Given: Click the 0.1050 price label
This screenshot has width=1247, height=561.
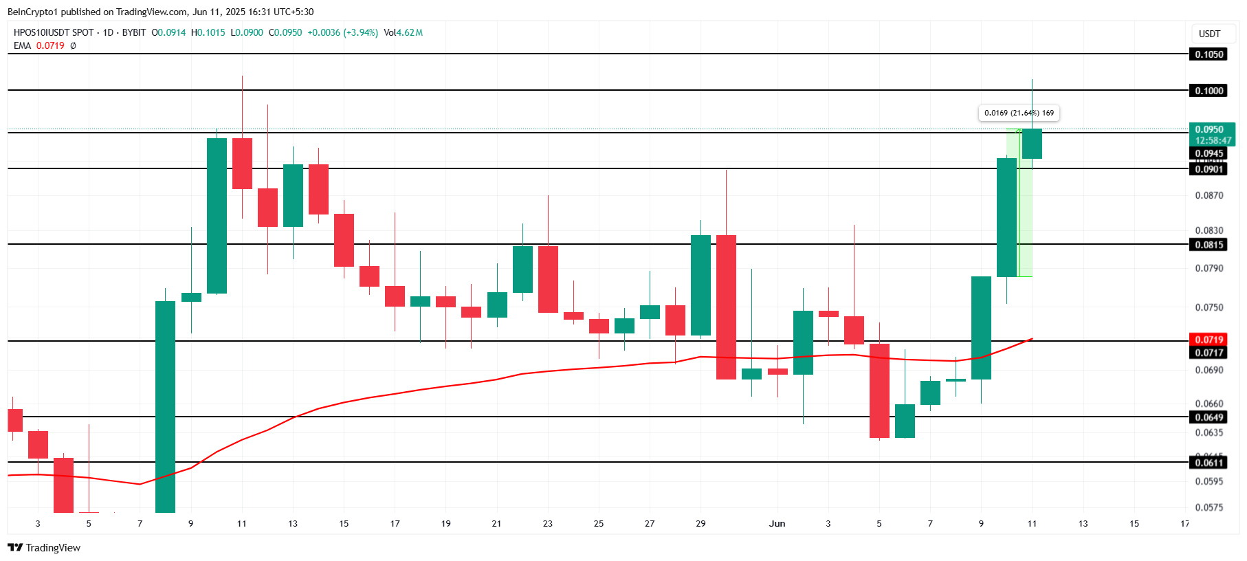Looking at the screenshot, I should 1209,54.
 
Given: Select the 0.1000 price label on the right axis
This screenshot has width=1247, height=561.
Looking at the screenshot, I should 1209,91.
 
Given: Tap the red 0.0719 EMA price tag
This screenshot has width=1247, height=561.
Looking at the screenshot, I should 1209,340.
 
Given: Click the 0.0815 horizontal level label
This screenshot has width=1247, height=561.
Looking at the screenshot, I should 1209,245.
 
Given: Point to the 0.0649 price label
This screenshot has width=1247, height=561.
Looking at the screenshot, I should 1209,417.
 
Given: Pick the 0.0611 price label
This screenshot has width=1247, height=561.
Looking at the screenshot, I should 1209,463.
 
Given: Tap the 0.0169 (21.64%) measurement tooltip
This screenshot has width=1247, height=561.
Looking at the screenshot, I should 1019,113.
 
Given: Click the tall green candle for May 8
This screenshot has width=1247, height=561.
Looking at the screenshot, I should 165,406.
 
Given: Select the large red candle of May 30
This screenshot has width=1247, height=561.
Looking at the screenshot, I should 726,307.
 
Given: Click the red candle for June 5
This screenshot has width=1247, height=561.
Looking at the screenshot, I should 879,390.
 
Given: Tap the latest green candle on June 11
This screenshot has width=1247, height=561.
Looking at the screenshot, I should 1032,144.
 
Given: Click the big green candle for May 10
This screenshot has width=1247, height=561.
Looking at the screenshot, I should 217,216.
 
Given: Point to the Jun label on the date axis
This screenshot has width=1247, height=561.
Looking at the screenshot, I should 777,524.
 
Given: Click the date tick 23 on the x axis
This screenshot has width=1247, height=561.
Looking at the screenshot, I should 547,524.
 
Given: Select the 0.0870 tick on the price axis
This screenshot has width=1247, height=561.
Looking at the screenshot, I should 1209,196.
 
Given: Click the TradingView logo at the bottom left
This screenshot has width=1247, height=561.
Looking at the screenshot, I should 44,548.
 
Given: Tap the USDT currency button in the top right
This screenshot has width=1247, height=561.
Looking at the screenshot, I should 1209,34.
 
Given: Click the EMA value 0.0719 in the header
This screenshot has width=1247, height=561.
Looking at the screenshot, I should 50,46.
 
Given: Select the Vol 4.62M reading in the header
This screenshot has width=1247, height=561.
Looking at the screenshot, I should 404,32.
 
